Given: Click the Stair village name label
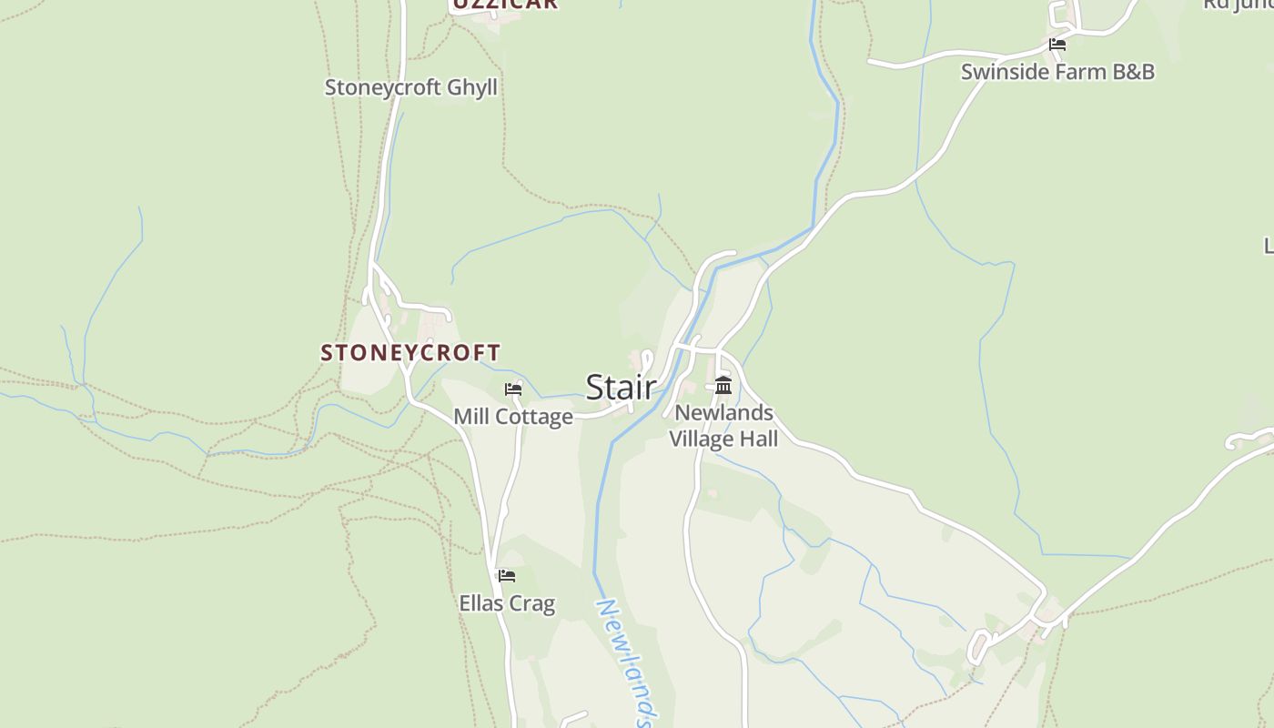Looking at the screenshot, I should point(621,388).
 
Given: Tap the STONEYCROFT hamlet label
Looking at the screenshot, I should point(410,352).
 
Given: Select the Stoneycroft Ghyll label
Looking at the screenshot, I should point(411,87).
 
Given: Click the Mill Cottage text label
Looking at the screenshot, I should point(513,417).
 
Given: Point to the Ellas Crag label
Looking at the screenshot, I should point(507,603).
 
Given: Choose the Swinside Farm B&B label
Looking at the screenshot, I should point(1057,72).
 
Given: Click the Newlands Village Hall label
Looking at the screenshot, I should point(723,426).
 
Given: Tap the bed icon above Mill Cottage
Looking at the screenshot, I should point(513,389).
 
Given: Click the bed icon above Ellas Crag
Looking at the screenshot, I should point(507,576).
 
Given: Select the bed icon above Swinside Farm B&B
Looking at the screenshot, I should point(1057,44).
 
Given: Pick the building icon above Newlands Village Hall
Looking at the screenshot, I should point(723,385).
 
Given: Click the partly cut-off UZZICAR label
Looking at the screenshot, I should point(504,5).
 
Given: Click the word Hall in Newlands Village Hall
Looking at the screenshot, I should point(759,440).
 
